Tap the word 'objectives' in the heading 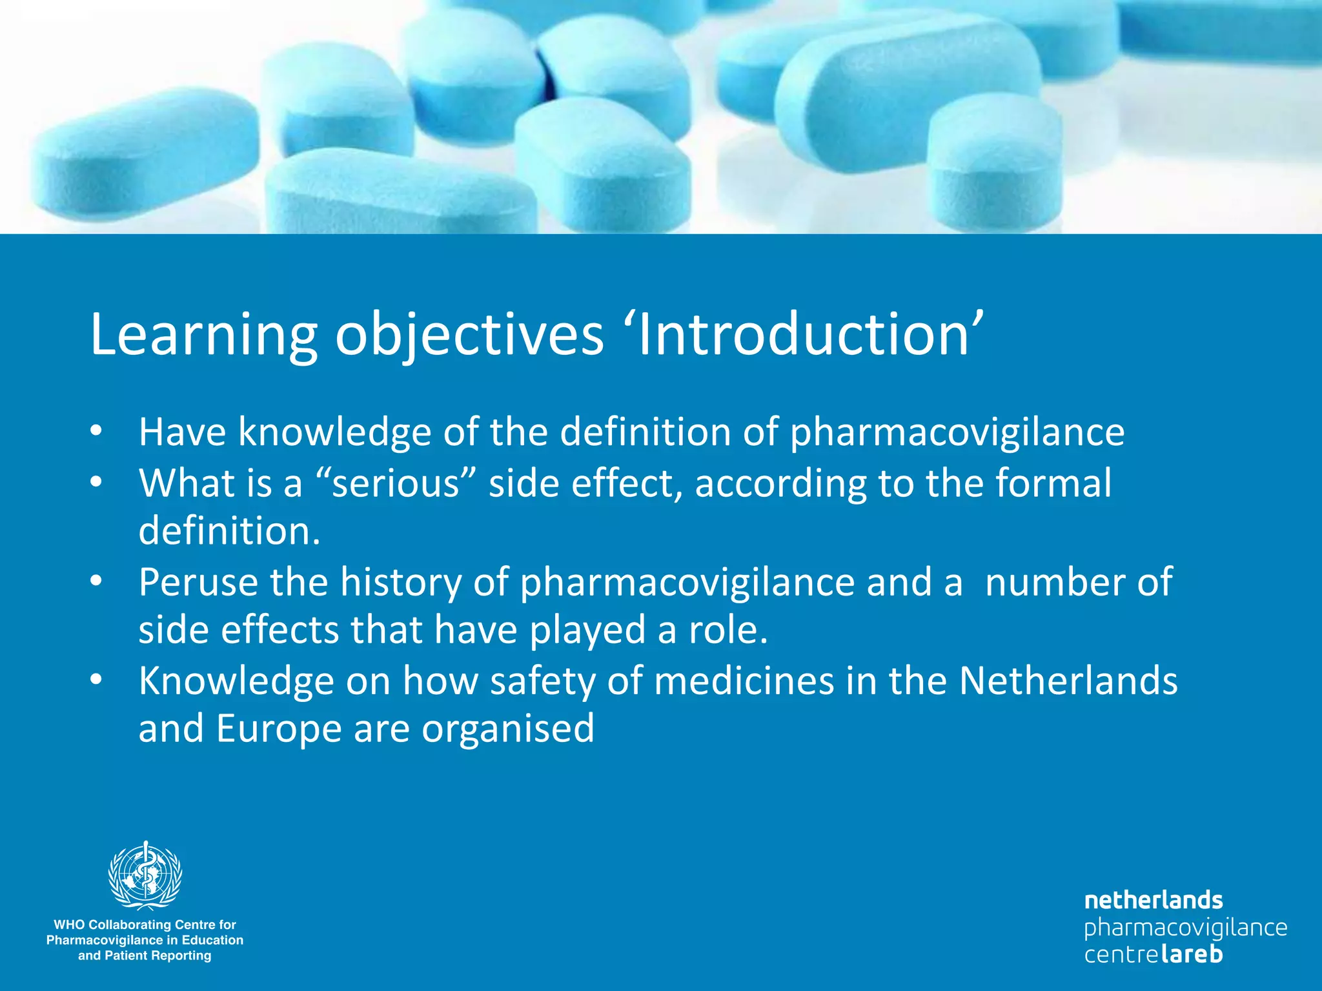tap(469, 335)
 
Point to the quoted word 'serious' tap(395, 483)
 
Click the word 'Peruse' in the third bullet tap(198, 582)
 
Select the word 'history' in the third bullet tap(400, 582)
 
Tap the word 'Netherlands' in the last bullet tap(1068, 681)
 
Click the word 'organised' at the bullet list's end tap(508, 728)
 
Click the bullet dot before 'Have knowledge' tap(96, 432)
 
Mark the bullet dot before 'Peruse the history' tap(96, 582)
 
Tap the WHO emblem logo tap(145, 876)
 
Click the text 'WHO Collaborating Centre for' tap(145, 925)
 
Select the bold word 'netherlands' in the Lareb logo tap(1154, 900)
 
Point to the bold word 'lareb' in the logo tap(1192, 954)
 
